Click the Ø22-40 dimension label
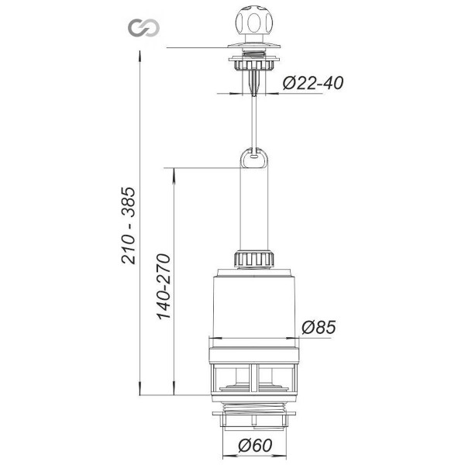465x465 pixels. (313, 83)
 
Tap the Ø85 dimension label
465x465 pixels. (319, 327)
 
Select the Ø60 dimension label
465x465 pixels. (255, 446)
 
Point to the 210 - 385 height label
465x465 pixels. (129, 226)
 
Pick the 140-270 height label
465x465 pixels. (164, 287)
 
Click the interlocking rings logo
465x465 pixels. (144, 28)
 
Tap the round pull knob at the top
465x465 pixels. (253, 22)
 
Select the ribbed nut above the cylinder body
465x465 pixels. (253, 259)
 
